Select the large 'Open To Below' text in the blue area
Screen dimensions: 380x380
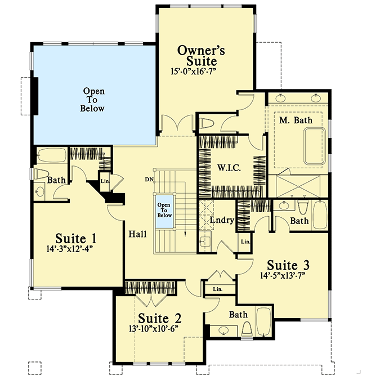click(x=93, y=100)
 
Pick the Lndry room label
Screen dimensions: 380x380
click(x=222, y=220)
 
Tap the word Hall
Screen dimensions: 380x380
click(x=138, y=234)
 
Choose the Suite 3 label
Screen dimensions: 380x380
click(x=288, y=265)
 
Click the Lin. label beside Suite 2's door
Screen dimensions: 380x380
click(x=217, y=289)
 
